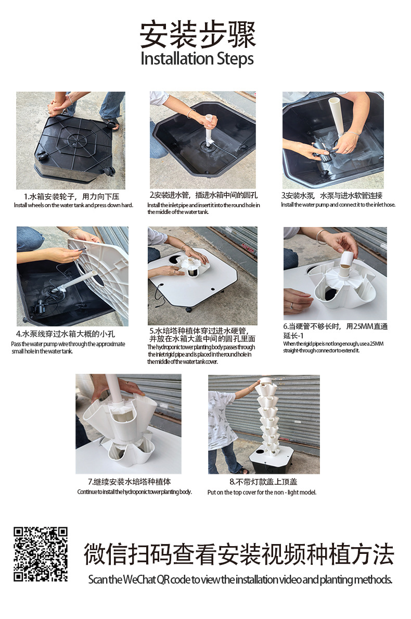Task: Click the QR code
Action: pyautogui.click(x=41, y=554)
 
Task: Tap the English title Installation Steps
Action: pyautogui.click(x=197, y=58)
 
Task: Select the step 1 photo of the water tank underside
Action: pyautogui.click(x=70, y=140)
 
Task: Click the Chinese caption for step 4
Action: pyautogui.click(x=68, y=334)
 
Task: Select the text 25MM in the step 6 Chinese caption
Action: pyautogui.click(x=361, y=326)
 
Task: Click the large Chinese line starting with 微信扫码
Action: pyautogui.click(x=239, y=554)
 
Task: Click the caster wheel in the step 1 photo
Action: pyautogui.click(x=109, y=171)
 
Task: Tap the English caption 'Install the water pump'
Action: pyautogui.click(x=338, y=205)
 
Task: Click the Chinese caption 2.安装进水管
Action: pyautogui.click(x=203, y=195)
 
